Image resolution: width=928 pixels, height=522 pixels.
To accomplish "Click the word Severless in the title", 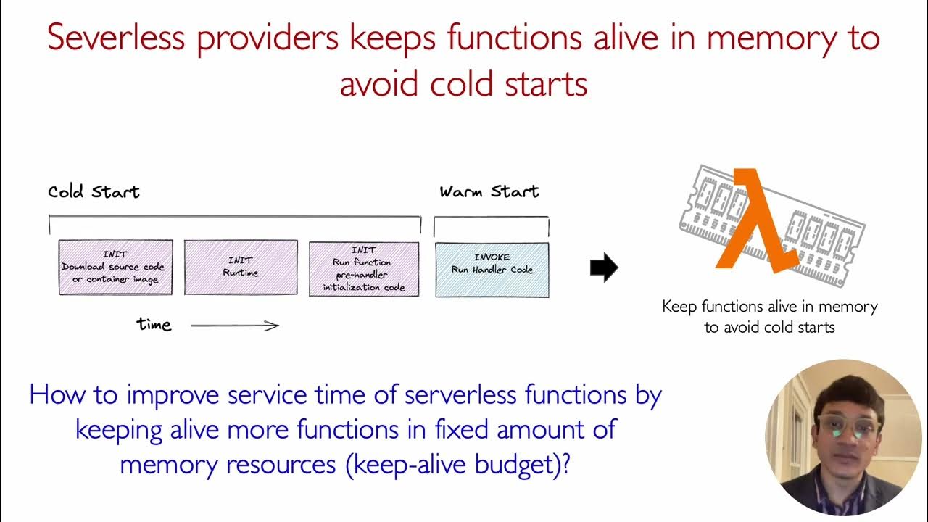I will click(x=116, y=38).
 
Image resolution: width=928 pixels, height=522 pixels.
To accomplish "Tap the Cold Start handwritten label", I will click(x=94, y=192).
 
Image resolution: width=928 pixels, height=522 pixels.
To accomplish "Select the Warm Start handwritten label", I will click(x=489, y=192).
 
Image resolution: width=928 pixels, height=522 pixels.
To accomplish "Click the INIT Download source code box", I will click(x=115, y=268).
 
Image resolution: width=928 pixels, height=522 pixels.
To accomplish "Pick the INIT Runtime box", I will click(x=241, y=268).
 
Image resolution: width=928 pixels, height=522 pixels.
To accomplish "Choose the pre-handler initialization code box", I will click(x=364, y=268).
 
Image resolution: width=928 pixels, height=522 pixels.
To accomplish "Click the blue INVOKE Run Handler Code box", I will click(x=492, y=270).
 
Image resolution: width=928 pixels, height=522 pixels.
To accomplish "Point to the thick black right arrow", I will click(x=603, y=268).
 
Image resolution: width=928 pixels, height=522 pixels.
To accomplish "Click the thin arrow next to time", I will click(x=235, y=326).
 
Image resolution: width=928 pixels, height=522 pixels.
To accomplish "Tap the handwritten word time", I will click(x=154, y=325).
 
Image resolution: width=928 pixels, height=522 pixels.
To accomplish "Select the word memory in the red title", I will click(x=768, y=38).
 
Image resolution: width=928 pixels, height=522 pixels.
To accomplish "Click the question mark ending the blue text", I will click(x=565, y=463).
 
